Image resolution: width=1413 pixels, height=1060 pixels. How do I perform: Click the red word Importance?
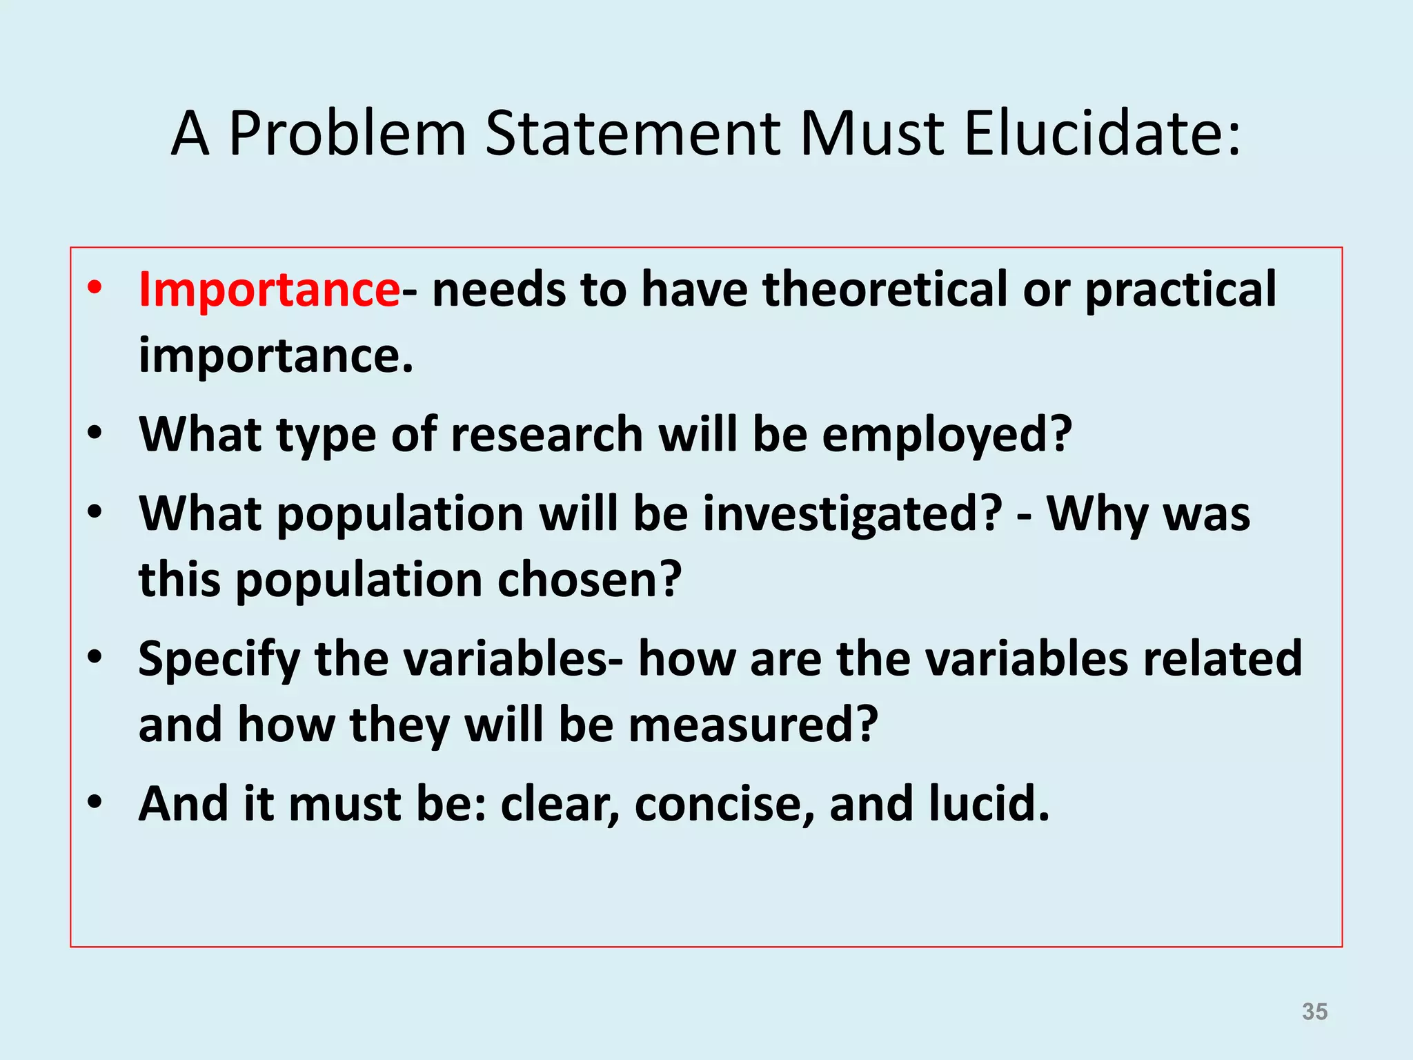tap(268, 289)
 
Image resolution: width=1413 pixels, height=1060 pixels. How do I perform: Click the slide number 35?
tap(1314, 1011)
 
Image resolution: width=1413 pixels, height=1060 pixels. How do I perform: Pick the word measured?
tap(753, 725)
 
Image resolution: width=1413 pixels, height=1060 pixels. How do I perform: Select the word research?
tap(546, 435)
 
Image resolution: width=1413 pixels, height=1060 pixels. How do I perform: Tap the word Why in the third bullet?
tap(1096, 515)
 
